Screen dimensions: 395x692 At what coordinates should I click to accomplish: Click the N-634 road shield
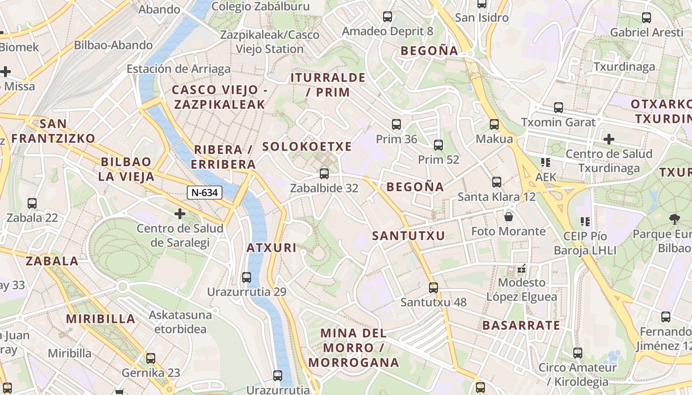pos(204,193)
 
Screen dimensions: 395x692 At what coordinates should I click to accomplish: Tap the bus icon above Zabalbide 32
pos(324,173)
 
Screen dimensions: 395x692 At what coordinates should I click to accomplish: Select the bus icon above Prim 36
pos(396,124)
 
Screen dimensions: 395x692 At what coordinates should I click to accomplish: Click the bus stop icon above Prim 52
pos(438,145)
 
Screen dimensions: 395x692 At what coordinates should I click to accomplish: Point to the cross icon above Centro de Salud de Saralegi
pos(180,214)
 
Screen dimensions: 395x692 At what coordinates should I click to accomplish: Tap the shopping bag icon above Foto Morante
pos(508,216)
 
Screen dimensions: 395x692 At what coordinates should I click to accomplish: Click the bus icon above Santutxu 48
pos(433,287)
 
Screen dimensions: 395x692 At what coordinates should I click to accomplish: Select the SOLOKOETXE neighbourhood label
pos(307,147)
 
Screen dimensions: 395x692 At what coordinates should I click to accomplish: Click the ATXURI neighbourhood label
pos(271,248)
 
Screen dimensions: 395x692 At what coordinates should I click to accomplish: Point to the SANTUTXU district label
pos(409,236)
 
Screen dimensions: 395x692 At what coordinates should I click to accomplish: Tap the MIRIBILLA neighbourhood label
pos(101,319)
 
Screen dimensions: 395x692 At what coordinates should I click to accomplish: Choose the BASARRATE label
pos(521,325)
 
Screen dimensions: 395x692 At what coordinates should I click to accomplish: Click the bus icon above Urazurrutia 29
pos(247,277)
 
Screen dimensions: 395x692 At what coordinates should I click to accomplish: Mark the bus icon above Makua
pos(494,124)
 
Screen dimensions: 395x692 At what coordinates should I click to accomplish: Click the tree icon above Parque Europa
pos(674,219)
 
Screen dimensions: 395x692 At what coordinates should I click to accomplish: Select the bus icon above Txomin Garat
pos(559,107)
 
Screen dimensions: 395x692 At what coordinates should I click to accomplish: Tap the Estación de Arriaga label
pos(178,69)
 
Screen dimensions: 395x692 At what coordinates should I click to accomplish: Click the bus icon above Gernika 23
pos(151,358)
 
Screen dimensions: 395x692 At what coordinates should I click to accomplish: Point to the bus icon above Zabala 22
pos(32,203)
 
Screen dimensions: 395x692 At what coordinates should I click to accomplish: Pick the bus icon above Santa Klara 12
pos(497,182)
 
